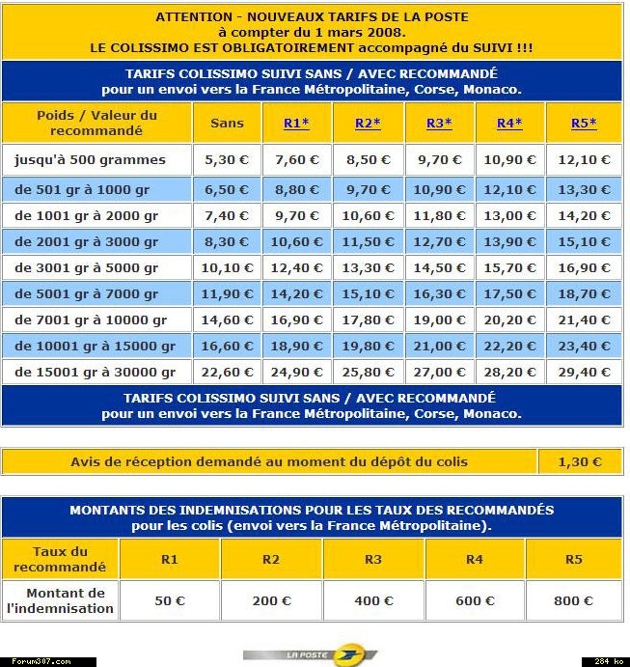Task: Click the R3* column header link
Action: pyautogui.click(x=438, y=124)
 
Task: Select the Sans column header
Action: pyautogui.click(x=227, y=124)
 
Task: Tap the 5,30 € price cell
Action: pyautogui.click(x=227, y=160)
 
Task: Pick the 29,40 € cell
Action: pyautogui.click(x=585, y=373)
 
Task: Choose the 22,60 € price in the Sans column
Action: pyautogui.click(x=227, y=373)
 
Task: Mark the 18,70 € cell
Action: pyautogui.click(x=585, y=294)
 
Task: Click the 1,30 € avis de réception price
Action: pyautogui.click(x=580, y=462)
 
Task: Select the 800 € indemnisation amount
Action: pyautogui.click(x=573, y=601)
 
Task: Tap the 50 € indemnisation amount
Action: pyautogui.click(x=170, y=601)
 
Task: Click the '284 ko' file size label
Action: pyautogui.click(x=605, y=661)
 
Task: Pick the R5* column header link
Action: pyautogui.click(x=584, y=124)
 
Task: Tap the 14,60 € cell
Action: pyautogui.click(x=227, y=320)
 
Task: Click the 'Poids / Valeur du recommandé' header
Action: pyautogui.click(x=96, y=123)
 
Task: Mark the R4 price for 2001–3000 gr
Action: pyautogui.click(x=510, y=241)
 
